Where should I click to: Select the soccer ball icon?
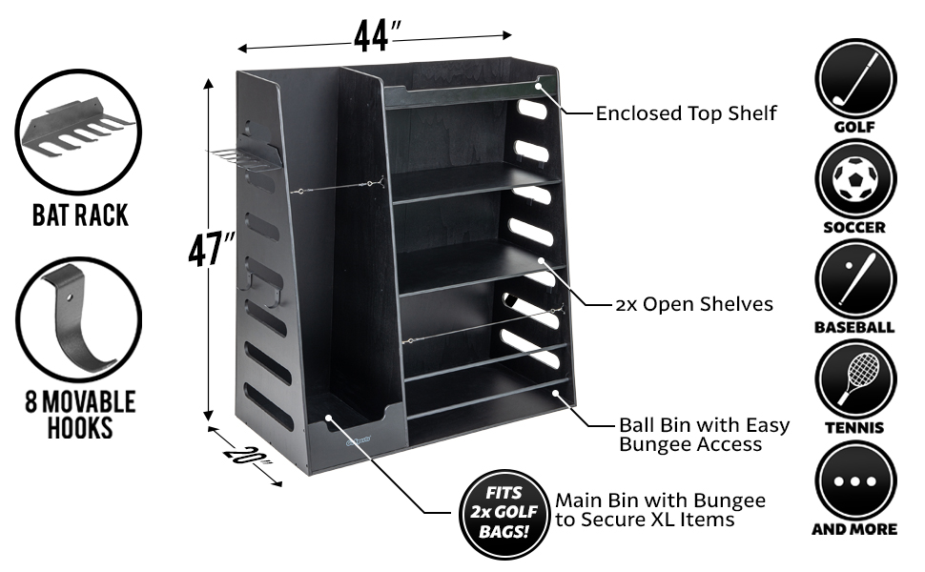click(x=855, y=178)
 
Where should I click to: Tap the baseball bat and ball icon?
click(x=855, y=279)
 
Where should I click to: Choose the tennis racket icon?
click(x=855, y=380)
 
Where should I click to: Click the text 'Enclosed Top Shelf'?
click(x=687, y=113)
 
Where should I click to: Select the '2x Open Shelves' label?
click(x=694, y=305)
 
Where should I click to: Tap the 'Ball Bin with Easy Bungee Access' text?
click(x=704, y=434)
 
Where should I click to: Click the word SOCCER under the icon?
click(x=855, y=228)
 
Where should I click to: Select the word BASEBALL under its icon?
click(x=855, y=328)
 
